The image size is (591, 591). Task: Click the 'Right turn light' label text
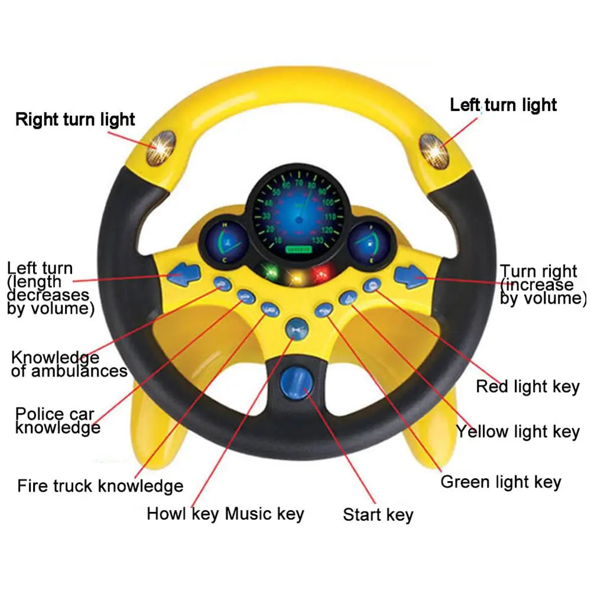point(75,119)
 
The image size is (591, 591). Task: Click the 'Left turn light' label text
point(503,105)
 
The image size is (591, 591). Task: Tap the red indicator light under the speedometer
point(322,273)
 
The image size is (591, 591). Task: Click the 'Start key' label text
point(378,515)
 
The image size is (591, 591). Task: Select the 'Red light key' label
point(527,387)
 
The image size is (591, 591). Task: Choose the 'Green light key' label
point(500,482)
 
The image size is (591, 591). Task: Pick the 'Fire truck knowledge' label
point(100,486)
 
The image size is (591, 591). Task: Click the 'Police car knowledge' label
point(57,420)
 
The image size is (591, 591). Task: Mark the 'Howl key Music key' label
point(225,514)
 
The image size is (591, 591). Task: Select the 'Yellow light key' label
point(517,432)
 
